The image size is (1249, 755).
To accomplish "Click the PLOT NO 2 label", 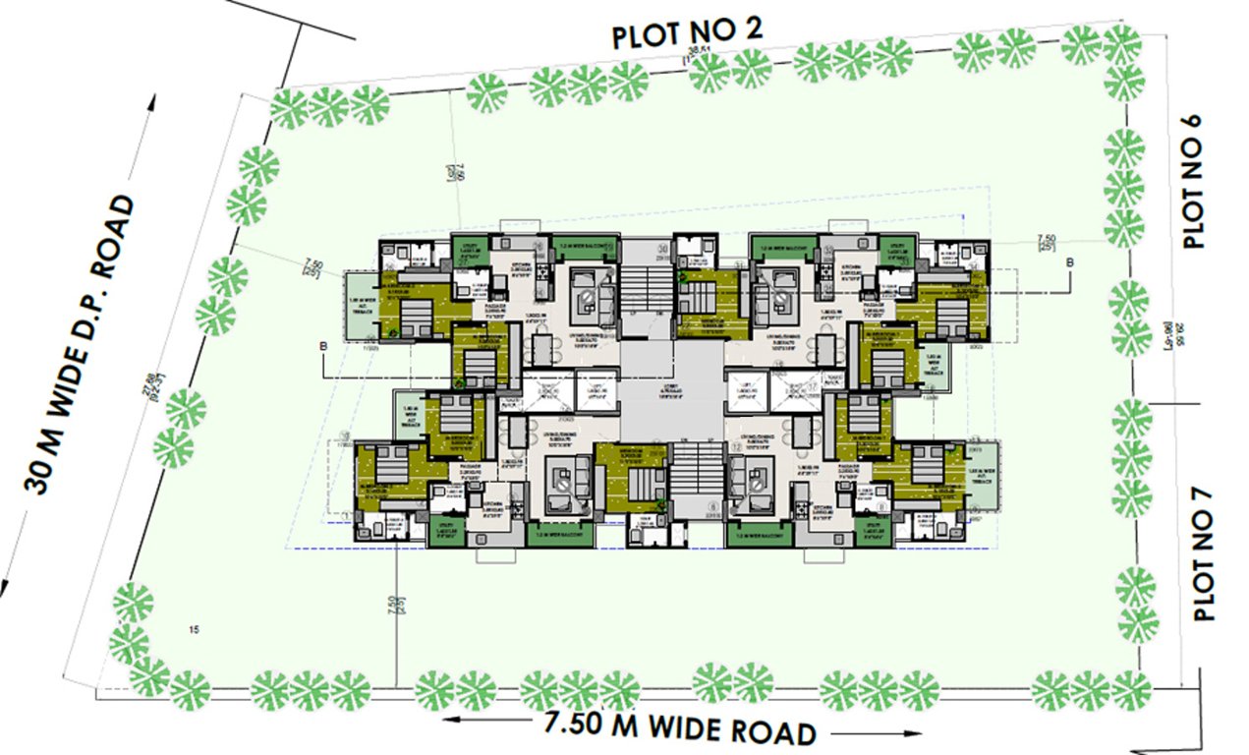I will coord(687,35).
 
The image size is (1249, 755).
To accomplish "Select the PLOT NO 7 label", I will coord(1203,554).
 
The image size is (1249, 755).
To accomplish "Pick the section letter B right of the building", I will coord(1069,261).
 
